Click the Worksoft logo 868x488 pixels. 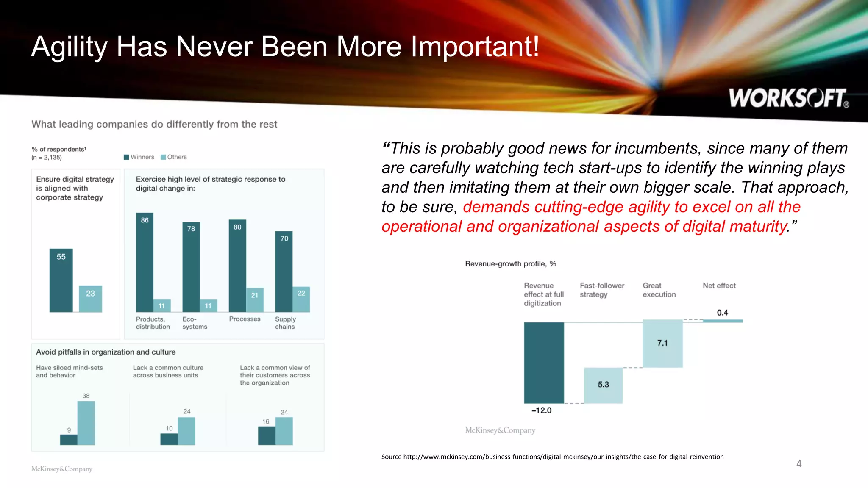pos(788,98)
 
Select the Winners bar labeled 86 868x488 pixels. pos(145,263)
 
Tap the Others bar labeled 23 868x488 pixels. pos(90,299)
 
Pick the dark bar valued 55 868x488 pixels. pos(61,280)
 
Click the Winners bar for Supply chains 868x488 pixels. pos(284,272)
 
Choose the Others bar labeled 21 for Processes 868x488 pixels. pos(254,300)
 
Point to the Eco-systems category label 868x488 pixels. pos(195,323)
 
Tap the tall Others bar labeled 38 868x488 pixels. pos(86,423)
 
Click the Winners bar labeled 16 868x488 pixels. pos(267,435)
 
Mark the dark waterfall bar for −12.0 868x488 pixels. pos(544,363)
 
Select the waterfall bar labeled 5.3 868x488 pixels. pos(603,385)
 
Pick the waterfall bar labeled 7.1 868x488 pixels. pos(662,343)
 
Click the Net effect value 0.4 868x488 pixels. pos(722,313)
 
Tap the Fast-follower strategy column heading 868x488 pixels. pos(602,290)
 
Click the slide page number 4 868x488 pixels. pos(798,464)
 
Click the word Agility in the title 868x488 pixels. pos(69,47)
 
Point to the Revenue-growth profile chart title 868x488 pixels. pos(510,264)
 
